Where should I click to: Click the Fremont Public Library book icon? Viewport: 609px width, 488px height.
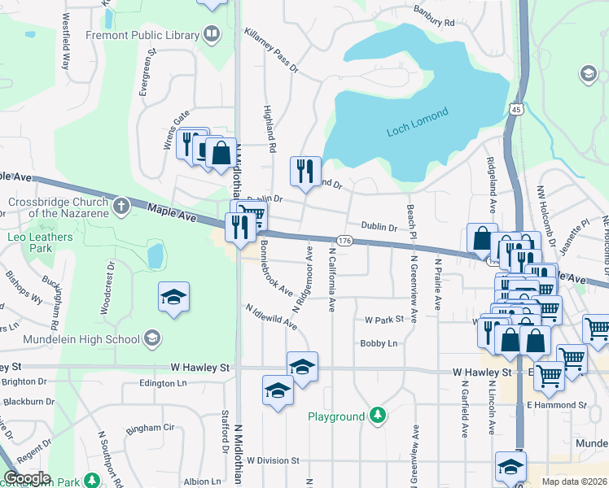(x=212, y=35)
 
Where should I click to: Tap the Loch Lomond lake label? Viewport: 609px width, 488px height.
(x=417, y=123)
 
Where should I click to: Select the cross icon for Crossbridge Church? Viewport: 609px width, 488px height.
(x=121, y=205)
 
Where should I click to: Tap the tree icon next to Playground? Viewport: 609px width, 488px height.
(x=377, y=416)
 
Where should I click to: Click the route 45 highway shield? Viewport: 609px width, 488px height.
(x=516, y=109)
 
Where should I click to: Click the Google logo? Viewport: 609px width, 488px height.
(x=27, y=478)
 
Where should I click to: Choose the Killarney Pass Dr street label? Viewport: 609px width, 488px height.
(x=271, y=50)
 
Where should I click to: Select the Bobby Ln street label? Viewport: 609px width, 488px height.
(x=379, y=343)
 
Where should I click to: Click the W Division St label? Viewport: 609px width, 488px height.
(x=274, y=460)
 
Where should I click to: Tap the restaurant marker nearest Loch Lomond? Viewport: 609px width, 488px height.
(x=305, y=171)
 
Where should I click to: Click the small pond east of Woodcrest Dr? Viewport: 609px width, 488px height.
(x=155, y=255)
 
